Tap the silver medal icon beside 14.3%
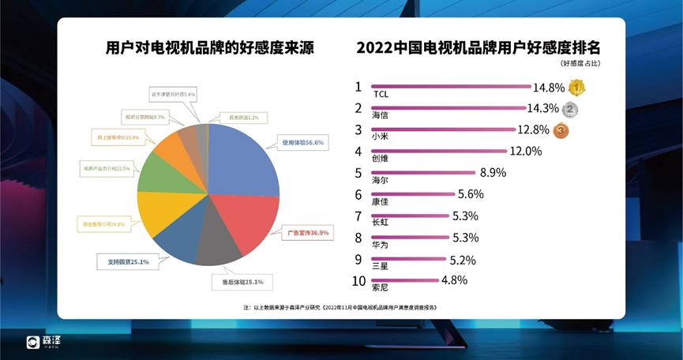pos(570,109)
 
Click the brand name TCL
pos(381,94)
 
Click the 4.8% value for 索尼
pos(455,280)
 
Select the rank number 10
pos(359,281)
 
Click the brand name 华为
pos(380,245)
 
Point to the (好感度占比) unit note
pos(579,62)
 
